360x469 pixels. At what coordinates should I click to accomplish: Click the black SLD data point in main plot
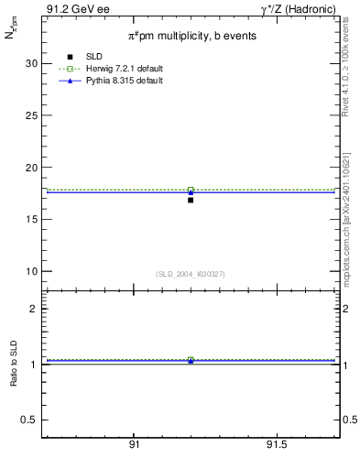[191, 200]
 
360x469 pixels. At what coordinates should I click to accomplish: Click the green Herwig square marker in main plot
[191, 190]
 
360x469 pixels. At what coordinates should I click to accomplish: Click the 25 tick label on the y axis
[31, 115]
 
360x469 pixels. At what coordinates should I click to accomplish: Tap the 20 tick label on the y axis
[31, 168]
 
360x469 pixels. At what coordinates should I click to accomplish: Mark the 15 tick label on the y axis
[31, 220]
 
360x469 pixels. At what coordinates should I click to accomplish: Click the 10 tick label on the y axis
[31, 272]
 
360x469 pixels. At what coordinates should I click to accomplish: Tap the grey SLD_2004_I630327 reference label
[191, 274]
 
